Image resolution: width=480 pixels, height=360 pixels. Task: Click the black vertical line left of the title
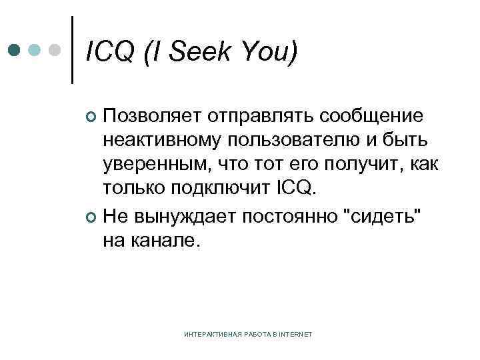click(x=73, y=49)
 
